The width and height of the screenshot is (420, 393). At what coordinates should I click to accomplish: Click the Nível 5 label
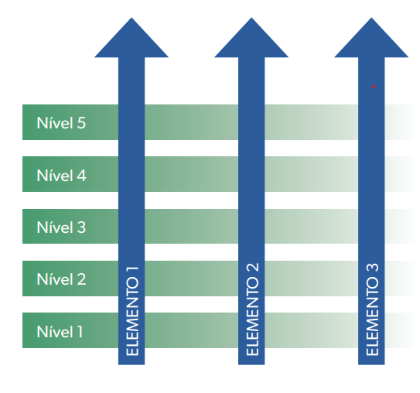[x=61, y=123]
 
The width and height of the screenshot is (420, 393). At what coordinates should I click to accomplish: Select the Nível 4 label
[x=61, y=175]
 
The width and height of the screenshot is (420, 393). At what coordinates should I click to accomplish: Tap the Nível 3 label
[x=61, y=227]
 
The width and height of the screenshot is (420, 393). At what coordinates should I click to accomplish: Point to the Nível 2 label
[x=61, y=279]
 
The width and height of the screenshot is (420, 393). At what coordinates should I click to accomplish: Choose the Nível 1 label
[x=60, y=331]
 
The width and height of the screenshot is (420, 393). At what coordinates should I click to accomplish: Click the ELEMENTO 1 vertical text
[x=132, y=311]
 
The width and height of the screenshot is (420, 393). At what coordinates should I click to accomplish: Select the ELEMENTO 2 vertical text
[x=252, y=309]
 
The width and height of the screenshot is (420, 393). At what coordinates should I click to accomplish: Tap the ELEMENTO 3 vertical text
[x=372, y=309]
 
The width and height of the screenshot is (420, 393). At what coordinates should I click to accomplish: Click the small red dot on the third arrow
[x=374, y=87]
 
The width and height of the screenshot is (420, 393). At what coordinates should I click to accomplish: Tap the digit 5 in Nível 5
[x=81, y=123]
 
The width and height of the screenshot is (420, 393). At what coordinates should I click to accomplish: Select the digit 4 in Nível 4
[x=82, y=176]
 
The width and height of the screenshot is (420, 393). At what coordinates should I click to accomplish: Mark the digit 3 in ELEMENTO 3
[x=372, y=268]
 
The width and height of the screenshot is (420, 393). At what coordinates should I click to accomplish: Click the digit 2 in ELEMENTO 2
[x=252, y=267]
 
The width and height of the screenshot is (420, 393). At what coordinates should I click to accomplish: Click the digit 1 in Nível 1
[x=80, y=332]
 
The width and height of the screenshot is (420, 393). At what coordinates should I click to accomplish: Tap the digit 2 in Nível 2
[x=82, y=279]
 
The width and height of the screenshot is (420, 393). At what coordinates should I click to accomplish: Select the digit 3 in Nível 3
[x=81, y=227]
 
